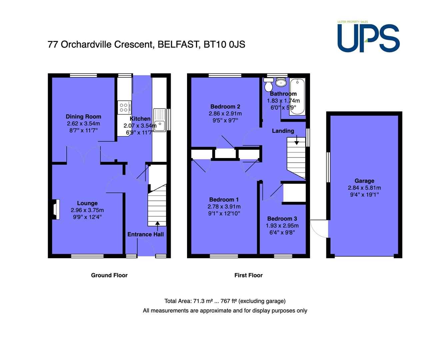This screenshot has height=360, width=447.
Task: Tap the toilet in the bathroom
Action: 269,85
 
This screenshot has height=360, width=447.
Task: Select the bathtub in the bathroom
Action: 297,96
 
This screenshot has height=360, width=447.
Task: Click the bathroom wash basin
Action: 281,82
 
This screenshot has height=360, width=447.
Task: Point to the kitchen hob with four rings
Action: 124,107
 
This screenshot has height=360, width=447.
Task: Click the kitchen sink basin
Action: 160,120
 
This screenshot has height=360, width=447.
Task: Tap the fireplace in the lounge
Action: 55,209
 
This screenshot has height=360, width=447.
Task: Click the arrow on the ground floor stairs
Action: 157,226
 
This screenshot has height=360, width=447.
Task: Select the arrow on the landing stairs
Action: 297,140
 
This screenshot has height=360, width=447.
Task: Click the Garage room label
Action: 364,181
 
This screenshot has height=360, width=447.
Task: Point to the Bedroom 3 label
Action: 282,219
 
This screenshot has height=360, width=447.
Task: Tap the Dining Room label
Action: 83,117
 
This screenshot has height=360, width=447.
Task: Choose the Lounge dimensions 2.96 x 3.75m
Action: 87,210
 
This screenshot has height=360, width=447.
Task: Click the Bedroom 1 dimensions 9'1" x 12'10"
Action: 224,213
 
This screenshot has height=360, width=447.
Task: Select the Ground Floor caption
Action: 109,275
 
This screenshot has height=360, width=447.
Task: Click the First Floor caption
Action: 248,275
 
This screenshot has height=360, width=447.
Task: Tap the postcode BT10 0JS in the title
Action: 224,44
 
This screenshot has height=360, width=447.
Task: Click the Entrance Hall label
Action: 145,234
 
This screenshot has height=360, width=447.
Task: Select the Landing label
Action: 283,131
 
